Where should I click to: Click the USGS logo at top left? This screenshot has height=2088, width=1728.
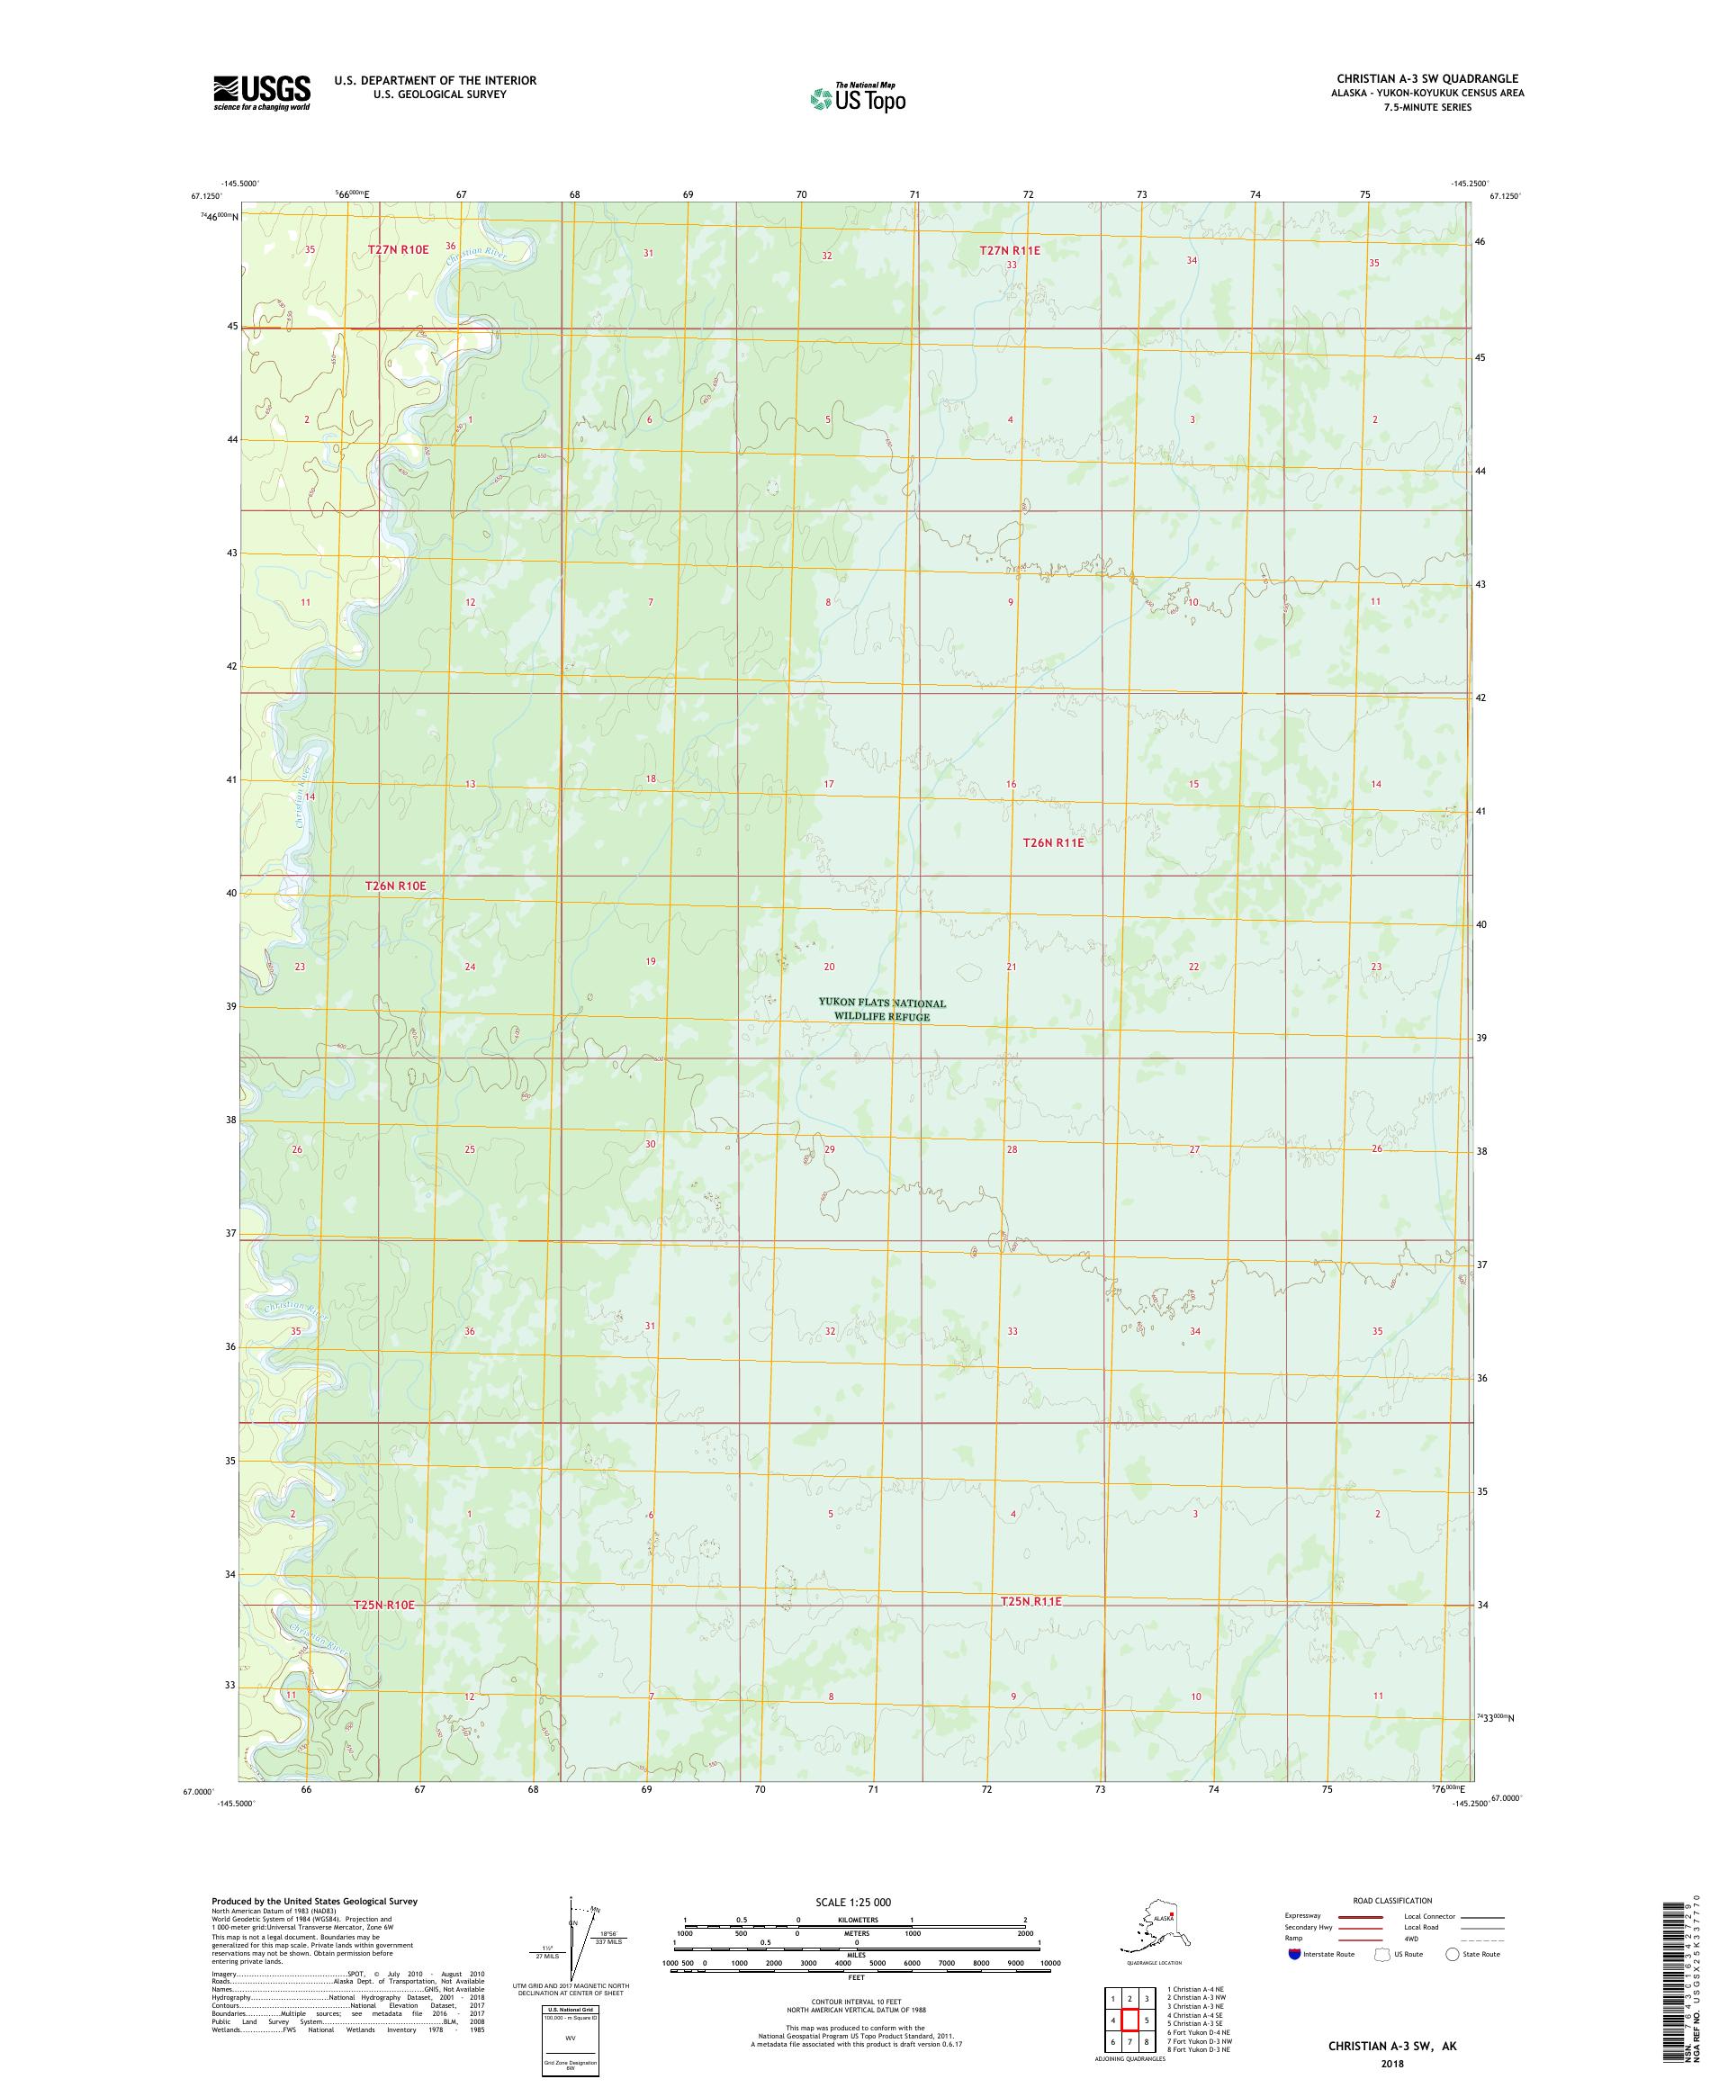[260, 94]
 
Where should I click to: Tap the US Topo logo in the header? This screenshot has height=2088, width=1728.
[857, 97]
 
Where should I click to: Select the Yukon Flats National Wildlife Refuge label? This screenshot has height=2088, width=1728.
[881, 1009]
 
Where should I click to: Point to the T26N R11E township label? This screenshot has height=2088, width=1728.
[1052, 842]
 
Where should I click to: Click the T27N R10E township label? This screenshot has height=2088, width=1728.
[398, 249]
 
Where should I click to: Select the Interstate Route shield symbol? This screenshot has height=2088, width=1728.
[1293, 1954]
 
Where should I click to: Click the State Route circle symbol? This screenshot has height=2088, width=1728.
[1452, 1954]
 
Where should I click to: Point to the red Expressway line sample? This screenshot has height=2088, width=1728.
[1360, 1916]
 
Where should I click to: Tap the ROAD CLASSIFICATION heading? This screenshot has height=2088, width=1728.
[1392, 1900]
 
